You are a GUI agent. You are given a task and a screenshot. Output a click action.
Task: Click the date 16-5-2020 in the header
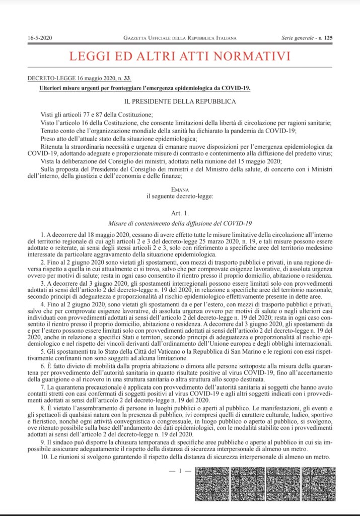tap(40, 38)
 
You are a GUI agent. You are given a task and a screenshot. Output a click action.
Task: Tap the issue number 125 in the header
tap(328, 38)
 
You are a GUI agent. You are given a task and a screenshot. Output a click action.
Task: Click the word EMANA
tap(180, 189)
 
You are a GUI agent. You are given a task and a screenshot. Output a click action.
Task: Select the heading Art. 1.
tap(180, 213)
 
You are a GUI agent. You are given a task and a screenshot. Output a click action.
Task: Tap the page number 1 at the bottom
tap(180, 470)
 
